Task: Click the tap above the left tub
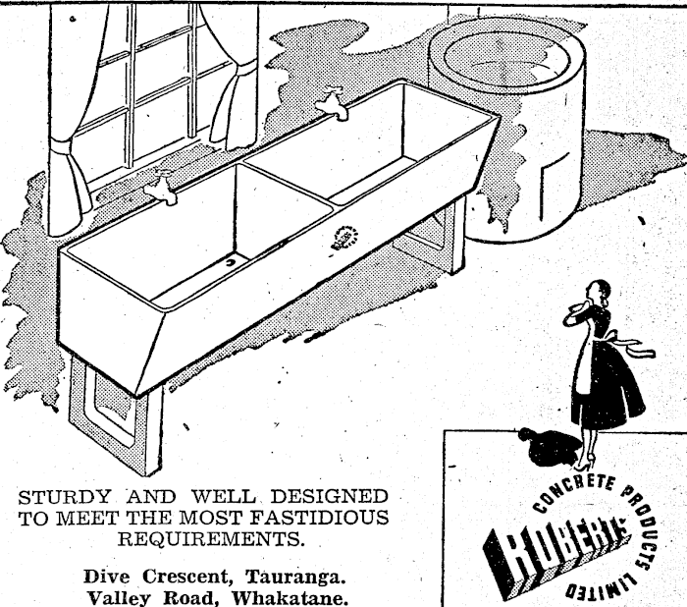(x=162, y=187)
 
